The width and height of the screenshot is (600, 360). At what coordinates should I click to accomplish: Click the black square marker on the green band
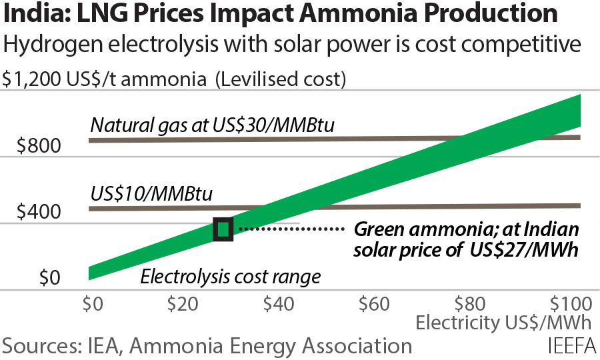[223, 229]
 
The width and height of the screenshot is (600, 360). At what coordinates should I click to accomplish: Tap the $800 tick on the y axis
[39, 146]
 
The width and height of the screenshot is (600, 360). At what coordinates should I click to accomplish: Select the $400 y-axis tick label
[39, 211]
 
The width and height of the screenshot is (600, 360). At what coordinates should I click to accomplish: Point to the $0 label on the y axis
[50, 278]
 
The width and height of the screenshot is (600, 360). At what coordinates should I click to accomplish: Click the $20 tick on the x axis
[183, 304]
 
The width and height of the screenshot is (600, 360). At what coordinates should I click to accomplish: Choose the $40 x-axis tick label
[278, 304]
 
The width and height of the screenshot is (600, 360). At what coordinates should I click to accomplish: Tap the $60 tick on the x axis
[374, 304]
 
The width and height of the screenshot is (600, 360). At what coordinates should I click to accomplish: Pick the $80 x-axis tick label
[470, 304]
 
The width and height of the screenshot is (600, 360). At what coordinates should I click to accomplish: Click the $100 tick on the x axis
[571, 304]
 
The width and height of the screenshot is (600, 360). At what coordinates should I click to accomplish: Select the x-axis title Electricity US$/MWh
[503, 323]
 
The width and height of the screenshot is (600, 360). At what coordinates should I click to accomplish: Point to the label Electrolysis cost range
[231, 277]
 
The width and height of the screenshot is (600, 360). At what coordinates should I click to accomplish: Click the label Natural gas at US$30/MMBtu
[213, 125]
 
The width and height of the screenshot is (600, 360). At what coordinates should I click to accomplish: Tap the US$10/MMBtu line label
[151, 193]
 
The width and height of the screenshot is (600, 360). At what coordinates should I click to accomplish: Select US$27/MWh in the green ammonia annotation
[524, 250]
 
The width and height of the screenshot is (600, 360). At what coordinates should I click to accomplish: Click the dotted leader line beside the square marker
[291, 229]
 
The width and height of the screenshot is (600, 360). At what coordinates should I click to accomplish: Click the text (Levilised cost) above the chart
[281, 79]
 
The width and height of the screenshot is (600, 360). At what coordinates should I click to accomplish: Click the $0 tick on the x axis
[93, 304]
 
